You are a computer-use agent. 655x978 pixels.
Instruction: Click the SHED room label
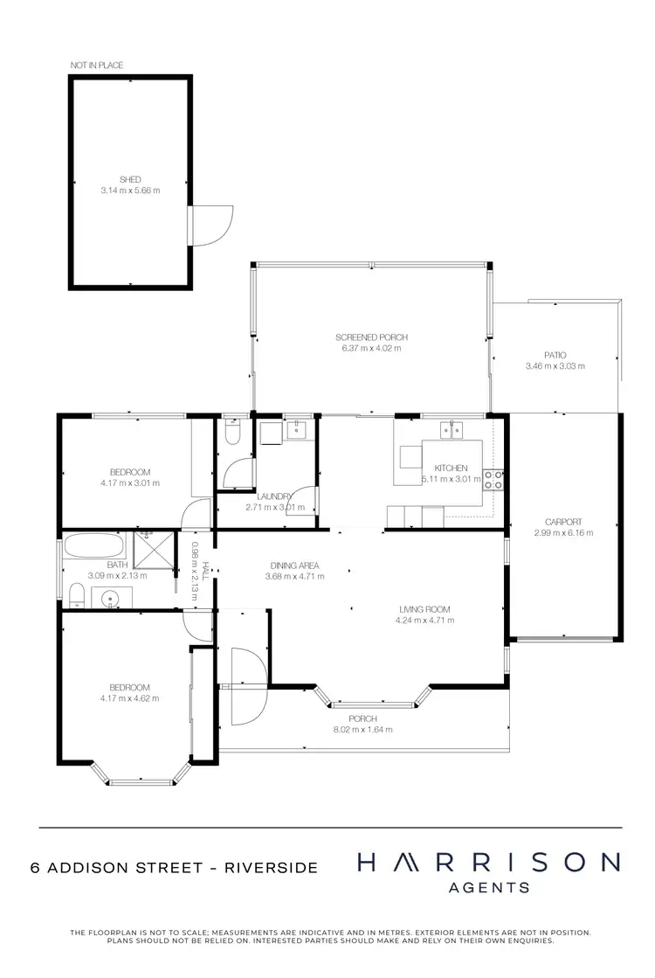point(130,179)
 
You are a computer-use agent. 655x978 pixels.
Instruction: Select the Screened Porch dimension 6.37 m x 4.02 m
point(371,348)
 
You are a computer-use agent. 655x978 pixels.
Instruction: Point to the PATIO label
point(555,355)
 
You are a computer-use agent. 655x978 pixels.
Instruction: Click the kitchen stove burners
point(493,479)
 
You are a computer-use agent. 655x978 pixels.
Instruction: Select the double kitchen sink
point(452,427)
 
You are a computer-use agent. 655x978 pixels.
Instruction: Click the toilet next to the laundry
point(231,434)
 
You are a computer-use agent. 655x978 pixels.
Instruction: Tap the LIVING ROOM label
point(425,609)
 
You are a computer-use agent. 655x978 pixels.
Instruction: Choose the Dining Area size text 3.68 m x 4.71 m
point(294,576)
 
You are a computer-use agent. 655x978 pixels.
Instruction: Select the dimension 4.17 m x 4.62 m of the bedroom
point(130,697)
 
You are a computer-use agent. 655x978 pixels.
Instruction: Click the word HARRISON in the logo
point(488,863)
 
